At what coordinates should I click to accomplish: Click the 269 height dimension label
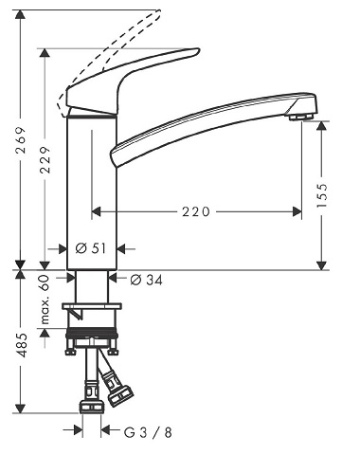tap(21, 140)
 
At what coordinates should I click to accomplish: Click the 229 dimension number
tap(45, 159)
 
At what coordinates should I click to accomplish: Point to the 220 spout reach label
tap(196, 211)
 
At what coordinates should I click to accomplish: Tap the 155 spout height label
tap(321, 194)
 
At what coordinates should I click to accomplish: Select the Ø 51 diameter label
tap(91, 248)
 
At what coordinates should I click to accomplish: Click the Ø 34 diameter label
tap(147, 280)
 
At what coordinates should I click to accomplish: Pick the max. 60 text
tap(45, 300)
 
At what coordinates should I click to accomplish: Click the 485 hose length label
tap(21, 344)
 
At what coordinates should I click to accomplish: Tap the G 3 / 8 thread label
tap(148, 432)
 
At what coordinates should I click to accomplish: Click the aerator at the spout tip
tap(301, 117)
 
